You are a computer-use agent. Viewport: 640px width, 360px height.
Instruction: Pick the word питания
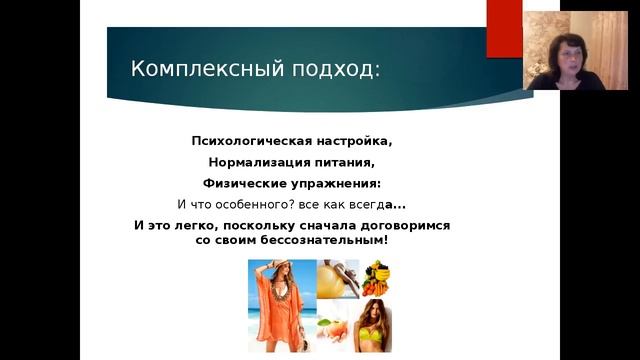350,162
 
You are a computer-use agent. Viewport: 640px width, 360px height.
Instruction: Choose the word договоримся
398,226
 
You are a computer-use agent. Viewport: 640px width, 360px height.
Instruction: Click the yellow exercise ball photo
338,279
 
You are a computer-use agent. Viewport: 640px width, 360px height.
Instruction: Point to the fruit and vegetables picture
377,277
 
